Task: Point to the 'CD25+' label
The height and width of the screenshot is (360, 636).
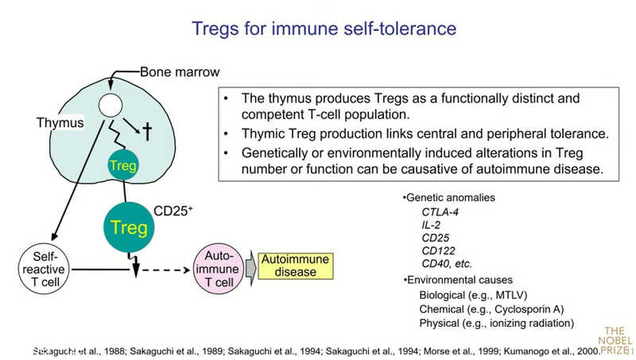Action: pyautogui.click(x=174, y=212)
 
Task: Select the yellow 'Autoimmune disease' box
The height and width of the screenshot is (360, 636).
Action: pyautogui.click(x=295, y=266)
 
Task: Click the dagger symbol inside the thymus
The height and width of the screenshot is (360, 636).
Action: pyautogui.click(x=147, y=131)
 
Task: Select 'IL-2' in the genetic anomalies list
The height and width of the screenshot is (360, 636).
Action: pyautogui.click(x=432, y=224)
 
